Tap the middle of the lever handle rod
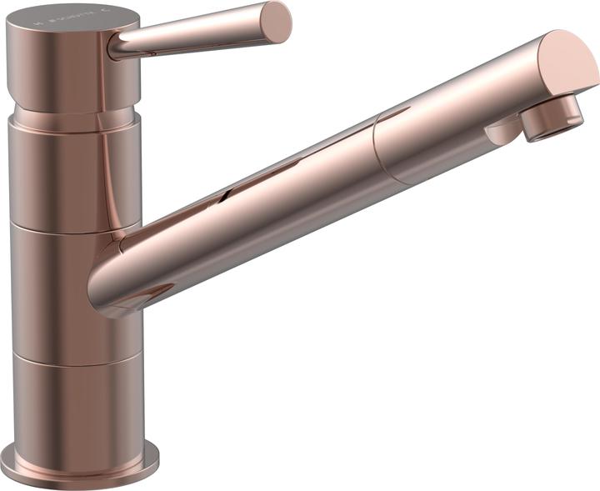pos(196,35)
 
